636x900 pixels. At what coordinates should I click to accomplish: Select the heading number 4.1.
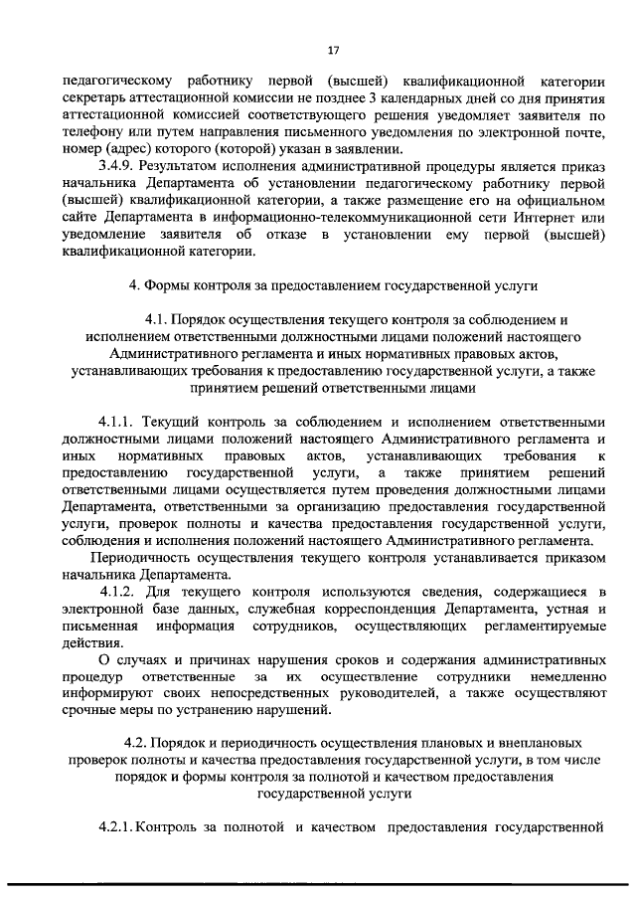(x=160, y=320)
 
